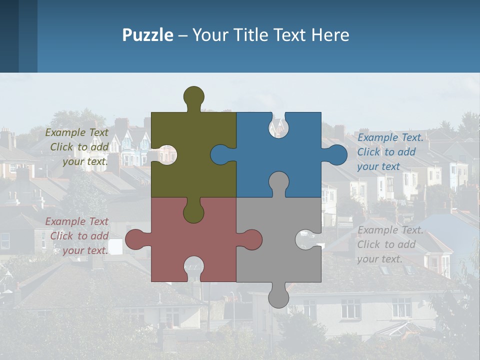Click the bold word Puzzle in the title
coord(147,35)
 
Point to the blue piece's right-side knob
coord(336,154)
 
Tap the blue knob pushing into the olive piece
coord(220,154)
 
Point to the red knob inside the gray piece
coord(252,239)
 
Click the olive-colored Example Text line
coord(76,132)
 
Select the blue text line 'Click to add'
coord(386,152)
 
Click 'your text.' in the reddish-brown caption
coord(85,250)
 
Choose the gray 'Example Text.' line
coord(390,230)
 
